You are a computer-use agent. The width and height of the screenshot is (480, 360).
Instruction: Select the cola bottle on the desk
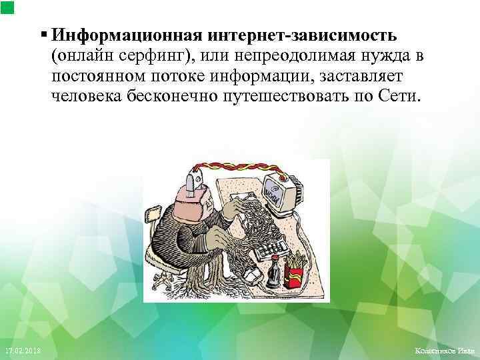[273, 270]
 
